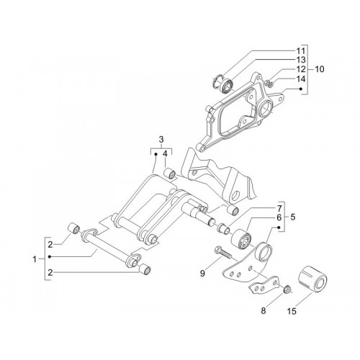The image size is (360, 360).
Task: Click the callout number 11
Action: point(301,51)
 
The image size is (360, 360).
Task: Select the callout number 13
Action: point(301,60)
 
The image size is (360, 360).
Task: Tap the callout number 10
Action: point(319,69)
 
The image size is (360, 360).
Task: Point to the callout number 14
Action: point(301,78)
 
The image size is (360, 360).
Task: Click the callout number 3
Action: point(161,139)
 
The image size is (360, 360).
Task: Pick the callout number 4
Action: point(165,154)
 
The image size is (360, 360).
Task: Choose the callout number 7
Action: point(279,208)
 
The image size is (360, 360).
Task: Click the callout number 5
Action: point(293,217)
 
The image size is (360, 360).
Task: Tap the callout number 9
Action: point(202,273)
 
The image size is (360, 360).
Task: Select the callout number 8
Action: point(264,311)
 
